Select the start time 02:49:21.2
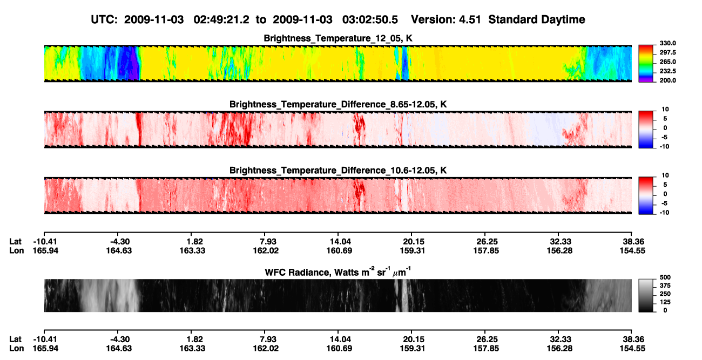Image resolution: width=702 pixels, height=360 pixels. pos(221,19)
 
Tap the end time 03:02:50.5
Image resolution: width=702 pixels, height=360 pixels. pos(370,19)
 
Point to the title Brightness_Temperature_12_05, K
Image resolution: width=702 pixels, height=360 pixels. pos(338,38)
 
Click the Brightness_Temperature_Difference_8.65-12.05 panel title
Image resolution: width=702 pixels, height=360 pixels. pos(338,104)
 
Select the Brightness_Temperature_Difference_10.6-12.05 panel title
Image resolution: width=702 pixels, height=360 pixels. pos(338,171)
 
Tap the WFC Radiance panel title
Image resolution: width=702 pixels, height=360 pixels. pos(337,271)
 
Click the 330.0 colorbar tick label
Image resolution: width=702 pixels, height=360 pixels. pos(667,43)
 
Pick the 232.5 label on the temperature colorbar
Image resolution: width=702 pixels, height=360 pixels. pos(667,71)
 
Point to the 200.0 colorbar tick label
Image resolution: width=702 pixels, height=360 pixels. pos(667,80)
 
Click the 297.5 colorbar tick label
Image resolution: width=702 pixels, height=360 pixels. pos(667,52)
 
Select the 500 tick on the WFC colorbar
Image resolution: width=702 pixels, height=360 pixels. pos(665,277)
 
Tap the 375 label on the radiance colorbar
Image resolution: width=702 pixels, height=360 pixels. pos(665,286)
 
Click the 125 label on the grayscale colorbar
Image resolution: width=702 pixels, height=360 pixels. pos(665,302)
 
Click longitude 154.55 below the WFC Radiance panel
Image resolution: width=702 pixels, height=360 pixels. pos(632,348)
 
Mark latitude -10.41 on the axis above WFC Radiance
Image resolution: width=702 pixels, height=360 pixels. pos(45,242)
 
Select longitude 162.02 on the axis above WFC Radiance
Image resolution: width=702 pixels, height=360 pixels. pos(266,250)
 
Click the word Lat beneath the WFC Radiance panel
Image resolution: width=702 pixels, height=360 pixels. pos(15,339)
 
